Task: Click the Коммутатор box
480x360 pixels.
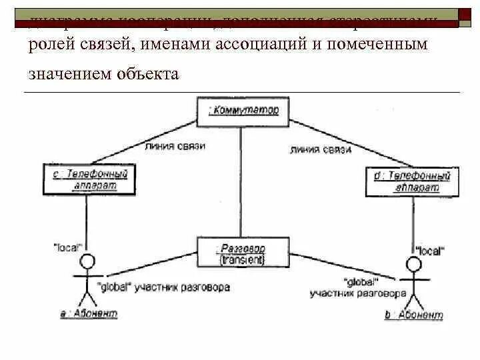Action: pyautogui.click(x=243, y=111)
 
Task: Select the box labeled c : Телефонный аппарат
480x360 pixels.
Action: pyautogui.click(x=89, y=179)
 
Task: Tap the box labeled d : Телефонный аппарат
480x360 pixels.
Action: pyautogui.click(x=412, y=181)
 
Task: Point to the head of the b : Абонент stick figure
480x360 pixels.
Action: pyautogui.click(x=414, y=264)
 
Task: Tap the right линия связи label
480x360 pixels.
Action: pyautogui.click(x=320, y=150)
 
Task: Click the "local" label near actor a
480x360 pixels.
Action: pyautogui.click(x=67, y=247)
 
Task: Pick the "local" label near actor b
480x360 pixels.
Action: pyautogui.click(x=429, y=251)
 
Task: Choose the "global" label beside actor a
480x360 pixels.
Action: pyautogui.click(x=114, y=287)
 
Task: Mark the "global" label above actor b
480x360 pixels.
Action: pyautogui.click(x=361, y=282)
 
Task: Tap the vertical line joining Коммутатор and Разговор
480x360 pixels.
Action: pyautogui.click(x=243, y=180)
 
